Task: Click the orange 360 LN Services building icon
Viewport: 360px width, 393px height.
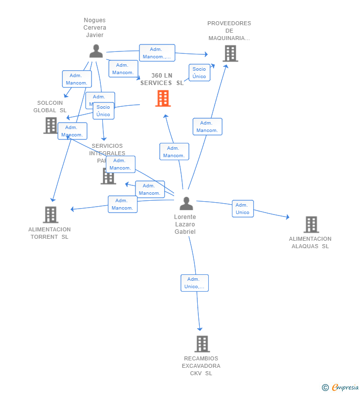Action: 163,98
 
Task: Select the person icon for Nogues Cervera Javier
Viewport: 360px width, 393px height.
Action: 96,51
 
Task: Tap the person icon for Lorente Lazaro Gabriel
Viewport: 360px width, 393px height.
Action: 186,203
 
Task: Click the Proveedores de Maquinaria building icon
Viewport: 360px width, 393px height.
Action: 230,53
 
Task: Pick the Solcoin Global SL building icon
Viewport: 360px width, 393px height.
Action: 50,126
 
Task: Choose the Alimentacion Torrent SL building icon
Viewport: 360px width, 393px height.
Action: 50,215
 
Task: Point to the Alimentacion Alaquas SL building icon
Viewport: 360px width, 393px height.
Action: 311,224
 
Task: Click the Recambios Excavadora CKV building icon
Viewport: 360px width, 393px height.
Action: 202,344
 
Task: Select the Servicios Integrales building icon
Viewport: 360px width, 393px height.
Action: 108,176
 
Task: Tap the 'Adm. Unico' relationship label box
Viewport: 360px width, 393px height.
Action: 242,209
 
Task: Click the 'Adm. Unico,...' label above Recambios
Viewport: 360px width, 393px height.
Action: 194,283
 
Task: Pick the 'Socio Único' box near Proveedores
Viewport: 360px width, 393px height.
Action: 199,73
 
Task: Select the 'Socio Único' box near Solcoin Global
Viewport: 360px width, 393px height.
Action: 103,111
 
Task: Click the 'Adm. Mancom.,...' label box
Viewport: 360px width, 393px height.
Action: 157,53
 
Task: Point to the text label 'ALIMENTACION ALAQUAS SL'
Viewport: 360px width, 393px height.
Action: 310,243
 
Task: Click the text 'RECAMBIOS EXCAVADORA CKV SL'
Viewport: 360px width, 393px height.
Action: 201,366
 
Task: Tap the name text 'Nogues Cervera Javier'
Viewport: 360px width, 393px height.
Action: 94,28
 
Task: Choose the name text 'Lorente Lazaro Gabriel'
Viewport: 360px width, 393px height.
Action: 185,224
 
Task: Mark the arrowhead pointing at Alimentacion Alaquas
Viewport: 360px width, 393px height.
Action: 287,217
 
